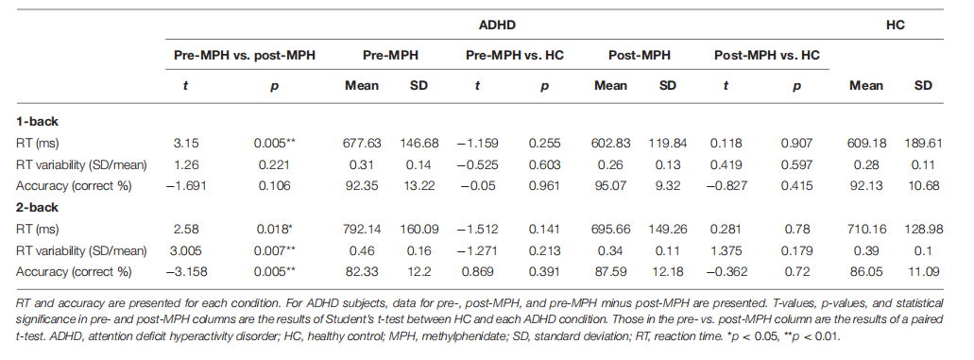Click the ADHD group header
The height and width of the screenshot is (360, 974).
pyautogui.click(x=497, y=26)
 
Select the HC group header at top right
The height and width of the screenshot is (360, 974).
pyautogui.click(x=896, y=26)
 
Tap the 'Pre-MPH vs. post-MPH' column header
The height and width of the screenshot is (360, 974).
pyautogui.click(x=244, y=56)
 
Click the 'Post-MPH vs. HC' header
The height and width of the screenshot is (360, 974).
pyautogui.click(x=766, y=56)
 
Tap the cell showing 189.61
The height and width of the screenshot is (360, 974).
pyautogui.click(x=924, y=144)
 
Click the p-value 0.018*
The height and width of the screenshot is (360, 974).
pyautogui.click(x=276, y=230)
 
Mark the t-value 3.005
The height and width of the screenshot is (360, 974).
pyautogui.click(x=185, y=250)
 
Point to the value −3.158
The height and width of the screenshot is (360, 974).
pyautogui.click(x=185, y=272)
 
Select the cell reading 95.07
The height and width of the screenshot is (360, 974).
pyautogui.click(x=610, y=186)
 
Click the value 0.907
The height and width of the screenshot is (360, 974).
pyautogui.click(x=796, y=144)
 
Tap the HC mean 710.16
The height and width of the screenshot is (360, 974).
pyautogui.click(x=866, y=230)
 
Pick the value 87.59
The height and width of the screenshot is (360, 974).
pyautogui.click(x=610, y=272)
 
